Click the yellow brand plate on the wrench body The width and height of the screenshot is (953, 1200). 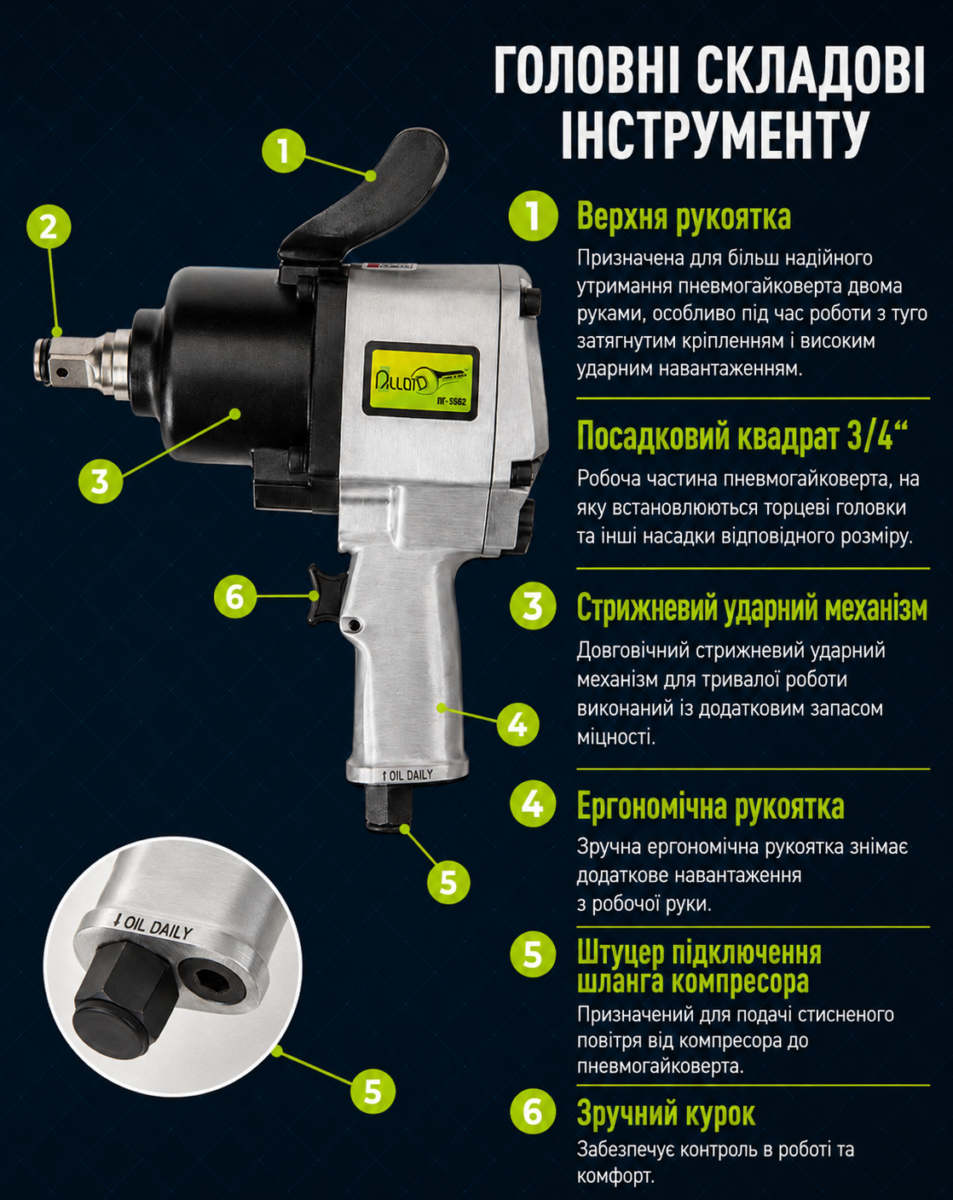[x=421, y=380]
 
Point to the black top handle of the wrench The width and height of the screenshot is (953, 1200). [x=365, y=198]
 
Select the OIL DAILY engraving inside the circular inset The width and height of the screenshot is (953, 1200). [x=153, y=927]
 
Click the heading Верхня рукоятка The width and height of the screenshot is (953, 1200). [x=684, y=217]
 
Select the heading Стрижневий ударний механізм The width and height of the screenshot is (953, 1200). [x=752, y=607]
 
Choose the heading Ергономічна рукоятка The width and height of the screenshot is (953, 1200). [x=711, y=805]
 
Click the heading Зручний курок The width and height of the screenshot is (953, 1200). [x=666, y=1113]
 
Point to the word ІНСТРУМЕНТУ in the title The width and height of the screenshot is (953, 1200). [x=714, y=134]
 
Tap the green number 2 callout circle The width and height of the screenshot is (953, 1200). [x=49, y=227]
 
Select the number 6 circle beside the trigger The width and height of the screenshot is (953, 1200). [x=235, y=596]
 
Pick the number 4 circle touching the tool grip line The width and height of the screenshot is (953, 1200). [x=517, y=724]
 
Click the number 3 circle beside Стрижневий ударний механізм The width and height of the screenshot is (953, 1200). [x=533, y=606]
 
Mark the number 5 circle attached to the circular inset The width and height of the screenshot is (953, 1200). [x=373, y=1091]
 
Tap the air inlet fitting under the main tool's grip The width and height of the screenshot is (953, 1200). [x=389, y=806]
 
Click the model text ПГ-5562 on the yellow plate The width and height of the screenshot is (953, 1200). [x=451, y=402]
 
